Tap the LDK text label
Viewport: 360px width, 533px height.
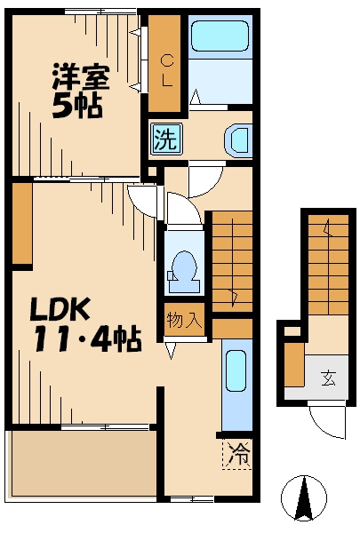[x=60, y=308]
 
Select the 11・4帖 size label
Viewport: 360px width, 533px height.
[x=86, y=338]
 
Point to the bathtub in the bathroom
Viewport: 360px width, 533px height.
[x=220, y=36]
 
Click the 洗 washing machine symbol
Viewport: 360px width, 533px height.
[x=166, y=139]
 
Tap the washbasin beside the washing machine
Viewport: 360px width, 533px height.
[x=238, y=140]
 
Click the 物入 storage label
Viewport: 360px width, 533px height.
[x=184, y=320]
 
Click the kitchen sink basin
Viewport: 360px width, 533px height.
[x=236, y=370]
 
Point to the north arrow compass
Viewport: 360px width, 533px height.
[x=304, y=498]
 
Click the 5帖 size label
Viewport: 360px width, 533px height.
[x=77, y=106]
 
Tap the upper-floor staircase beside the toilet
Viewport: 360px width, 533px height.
[x=232, y=261]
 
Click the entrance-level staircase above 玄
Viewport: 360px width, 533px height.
[x=328, y=265]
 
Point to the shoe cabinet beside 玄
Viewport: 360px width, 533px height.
[x=294, y=365]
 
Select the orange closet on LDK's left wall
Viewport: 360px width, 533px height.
[x=22, y=224]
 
